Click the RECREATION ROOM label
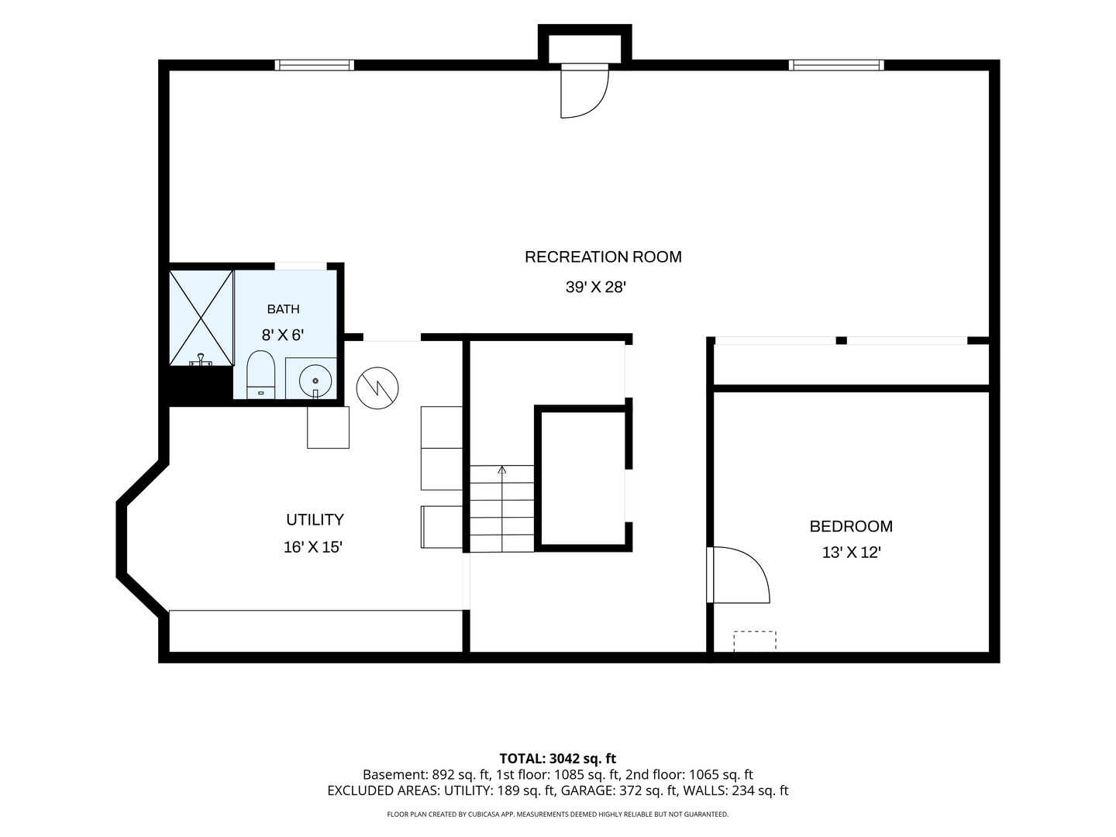(x=603, y=257)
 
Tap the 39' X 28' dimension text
(x=595, y=287)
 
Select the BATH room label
(x=283, y=309)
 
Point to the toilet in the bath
(x=261, y=374)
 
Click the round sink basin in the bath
(x=315, y=380)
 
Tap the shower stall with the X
(x=201, y=318)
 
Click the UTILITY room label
(x=315, y=519)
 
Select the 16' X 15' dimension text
(x=312, y=547)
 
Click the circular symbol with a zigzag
(x=377, y=388)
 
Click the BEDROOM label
(x=851, y=526)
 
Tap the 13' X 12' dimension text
(x=851, y=553)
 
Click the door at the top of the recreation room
(x=584, y=91)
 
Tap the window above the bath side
(x=314, y=65)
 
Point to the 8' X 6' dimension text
(x=283, y=335)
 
